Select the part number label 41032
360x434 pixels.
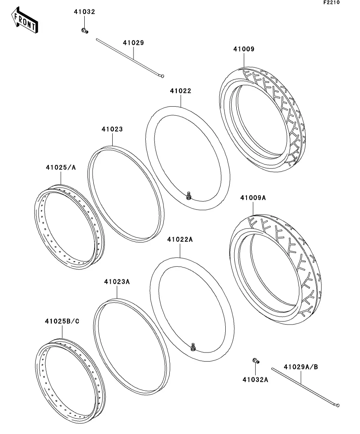[x=84, y=12]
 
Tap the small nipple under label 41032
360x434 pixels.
[x=84, y=30]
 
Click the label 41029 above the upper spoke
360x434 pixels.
[x=133, y=42]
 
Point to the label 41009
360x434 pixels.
[x=243, y=49]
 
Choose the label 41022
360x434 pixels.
[x=181, y=90]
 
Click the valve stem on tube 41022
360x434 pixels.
[x=189, y=195]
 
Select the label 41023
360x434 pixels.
[x=112, y=129]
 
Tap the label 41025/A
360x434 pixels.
[x=61, y=167]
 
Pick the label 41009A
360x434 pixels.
[x=253, y=198]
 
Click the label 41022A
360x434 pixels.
[x=180, y=239]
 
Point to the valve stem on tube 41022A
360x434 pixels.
[x=193, y=347]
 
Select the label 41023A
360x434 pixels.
[x=117, y=282]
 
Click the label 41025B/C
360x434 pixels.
[x=62, y=321]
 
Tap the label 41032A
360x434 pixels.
[x=255, y=380]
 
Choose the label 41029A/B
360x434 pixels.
[x=301, y=367]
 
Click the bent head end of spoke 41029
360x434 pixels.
[x=161, y=76]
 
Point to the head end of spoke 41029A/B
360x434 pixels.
[x=337, y=405]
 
